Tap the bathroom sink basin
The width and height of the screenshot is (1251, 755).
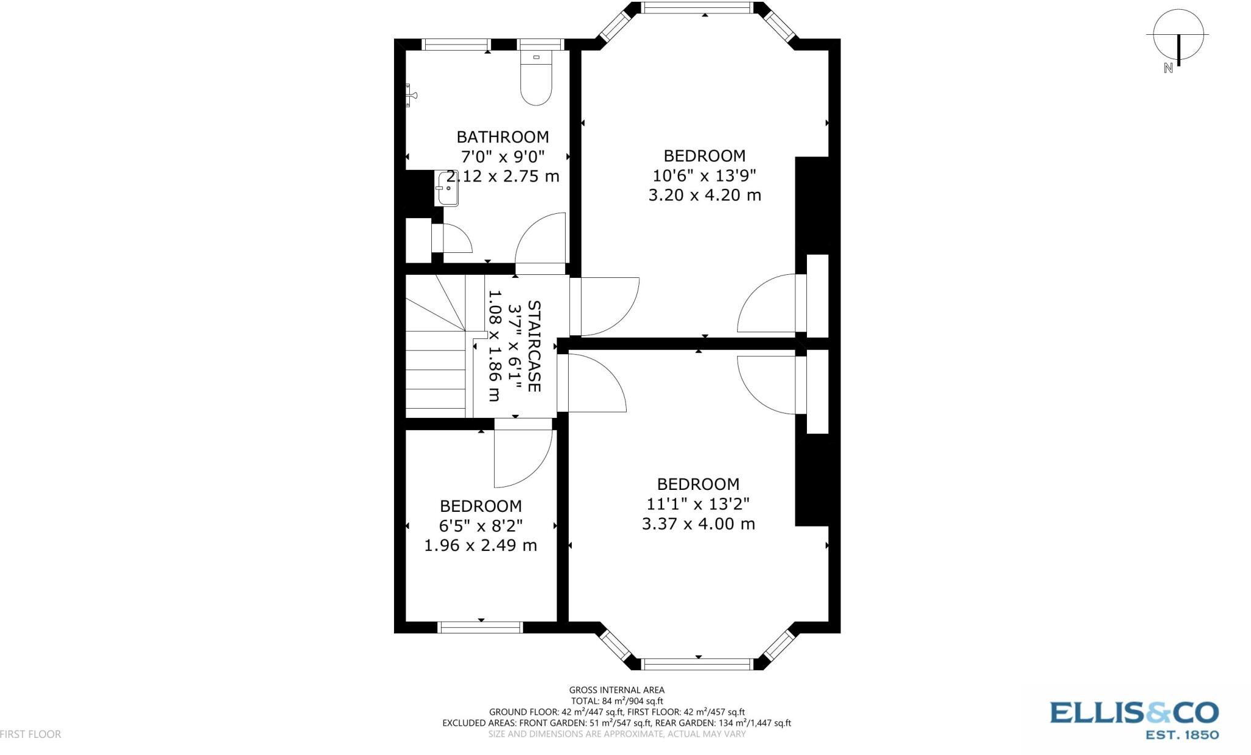[x=447, y=189]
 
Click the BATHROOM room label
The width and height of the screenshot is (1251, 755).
[x=503, y=137]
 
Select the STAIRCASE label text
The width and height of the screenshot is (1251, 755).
[x=533, y=346]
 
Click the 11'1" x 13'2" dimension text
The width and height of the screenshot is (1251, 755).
[x=698, y=504]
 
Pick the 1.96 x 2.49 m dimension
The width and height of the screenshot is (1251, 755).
[x=481, y=545]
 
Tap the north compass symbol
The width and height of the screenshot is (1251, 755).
[x=1178, y=37]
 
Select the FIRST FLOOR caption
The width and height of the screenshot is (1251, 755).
[x=31, y=734]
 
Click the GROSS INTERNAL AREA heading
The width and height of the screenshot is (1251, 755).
[x=616, y=690]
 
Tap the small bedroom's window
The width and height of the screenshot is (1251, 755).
[x=481, y=627]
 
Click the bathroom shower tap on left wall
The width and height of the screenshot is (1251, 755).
[x=410, y=95]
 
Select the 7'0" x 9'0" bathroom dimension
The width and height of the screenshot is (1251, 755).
[x=503, y=156]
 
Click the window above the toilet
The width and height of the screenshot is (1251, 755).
[x=540, y=44]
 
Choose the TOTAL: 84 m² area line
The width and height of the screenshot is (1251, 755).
[x=616, y=701]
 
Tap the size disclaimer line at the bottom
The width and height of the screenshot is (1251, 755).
[x=616, y=734]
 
